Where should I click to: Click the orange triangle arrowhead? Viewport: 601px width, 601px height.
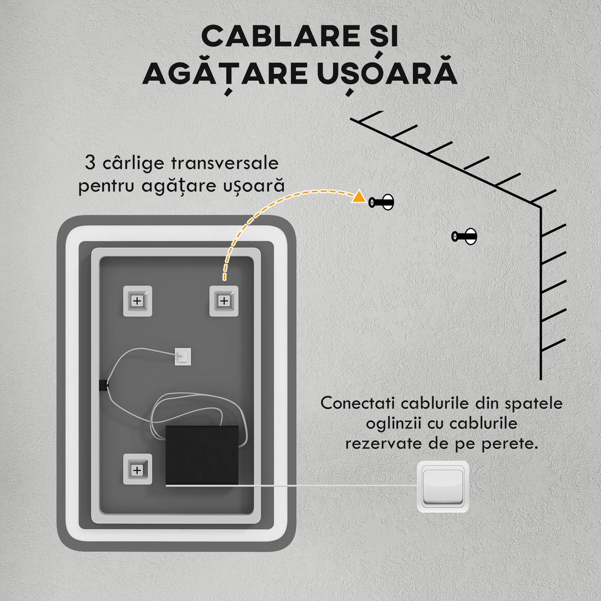click(x=357, y=197)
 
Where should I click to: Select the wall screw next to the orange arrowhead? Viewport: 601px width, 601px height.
click(x=381, y=202)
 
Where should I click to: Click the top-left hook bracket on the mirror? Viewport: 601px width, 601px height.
click(x=137, y=300)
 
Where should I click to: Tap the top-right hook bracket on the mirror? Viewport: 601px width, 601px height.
click(x=223, y=300)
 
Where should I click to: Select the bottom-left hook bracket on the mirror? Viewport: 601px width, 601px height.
click(x=137, y=470)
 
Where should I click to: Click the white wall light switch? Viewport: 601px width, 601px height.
click(x=443, y=487)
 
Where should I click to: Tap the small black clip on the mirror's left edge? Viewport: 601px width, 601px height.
click(x=103, y=385)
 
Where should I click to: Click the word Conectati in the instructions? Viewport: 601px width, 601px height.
click(x=356, y=404)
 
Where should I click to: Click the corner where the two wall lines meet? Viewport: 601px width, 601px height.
click(x=541, y=207)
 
